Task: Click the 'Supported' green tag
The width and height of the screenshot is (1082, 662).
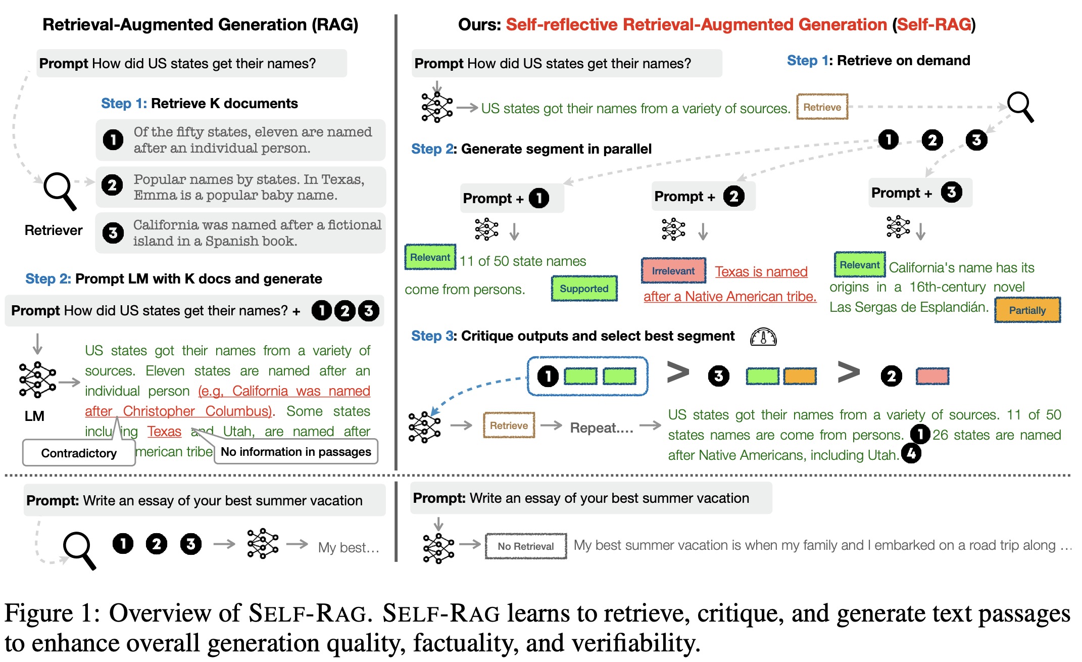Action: coord(584,289)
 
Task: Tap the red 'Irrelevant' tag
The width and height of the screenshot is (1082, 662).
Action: coord(673,271)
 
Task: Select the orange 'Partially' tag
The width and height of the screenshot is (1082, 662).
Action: coord(1027,310)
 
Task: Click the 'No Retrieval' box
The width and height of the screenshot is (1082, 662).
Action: coord(525,546)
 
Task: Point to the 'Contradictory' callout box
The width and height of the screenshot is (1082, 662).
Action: coord(79,453)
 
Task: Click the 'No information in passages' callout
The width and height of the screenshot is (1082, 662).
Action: coord(296,452)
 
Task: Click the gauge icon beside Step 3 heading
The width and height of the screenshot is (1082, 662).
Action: coord(763,337)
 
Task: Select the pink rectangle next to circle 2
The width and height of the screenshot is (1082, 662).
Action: coord(932,376)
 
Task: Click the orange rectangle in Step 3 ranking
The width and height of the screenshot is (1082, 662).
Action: coord(800,376)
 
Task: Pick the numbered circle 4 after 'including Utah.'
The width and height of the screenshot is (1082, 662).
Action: coord(911,453)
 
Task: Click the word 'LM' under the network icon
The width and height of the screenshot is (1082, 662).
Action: coord(34,416)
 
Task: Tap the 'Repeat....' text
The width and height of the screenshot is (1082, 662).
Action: coord(601,428)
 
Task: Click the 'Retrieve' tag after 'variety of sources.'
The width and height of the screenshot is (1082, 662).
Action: coord(822,107)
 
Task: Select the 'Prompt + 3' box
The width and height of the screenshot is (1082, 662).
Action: coord(919,193)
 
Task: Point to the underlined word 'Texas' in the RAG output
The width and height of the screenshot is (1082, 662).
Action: coord(164,431)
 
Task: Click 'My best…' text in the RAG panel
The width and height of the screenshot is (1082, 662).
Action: coord(349,547)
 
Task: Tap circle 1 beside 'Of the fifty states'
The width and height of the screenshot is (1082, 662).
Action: coord(113,139)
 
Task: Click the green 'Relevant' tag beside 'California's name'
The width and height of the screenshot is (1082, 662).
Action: coord(859,265)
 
